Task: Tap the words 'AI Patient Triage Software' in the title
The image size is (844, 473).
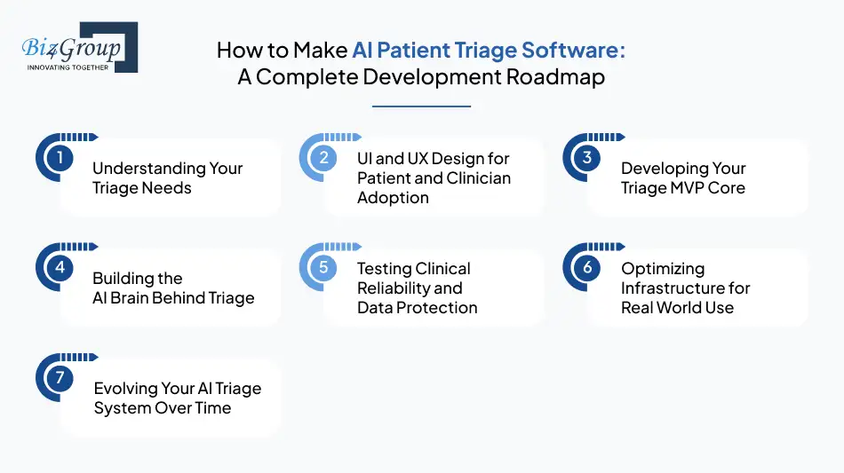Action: pyautogui.click(x=488, y=50)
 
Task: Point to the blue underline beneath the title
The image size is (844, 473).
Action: pyautogui.click(x=421, y=106)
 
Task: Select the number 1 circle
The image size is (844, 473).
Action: pyautogui.click(x=60, y=159)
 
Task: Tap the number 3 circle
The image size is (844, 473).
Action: pyautogui.click(x=587, y=159)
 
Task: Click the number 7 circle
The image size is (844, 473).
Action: pyautogui.click(x=60, y=378)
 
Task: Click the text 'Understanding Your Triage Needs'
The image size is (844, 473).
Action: pyautogui.click(x=167, y=177)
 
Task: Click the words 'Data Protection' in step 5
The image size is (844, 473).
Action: pyautogui.click(x=417, y=307)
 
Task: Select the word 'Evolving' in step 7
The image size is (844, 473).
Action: pyautogui.click(x=127, y=389)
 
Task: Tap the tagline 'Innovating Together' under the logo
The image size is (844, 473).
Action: pyautogui.click(x=68, y=67)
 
